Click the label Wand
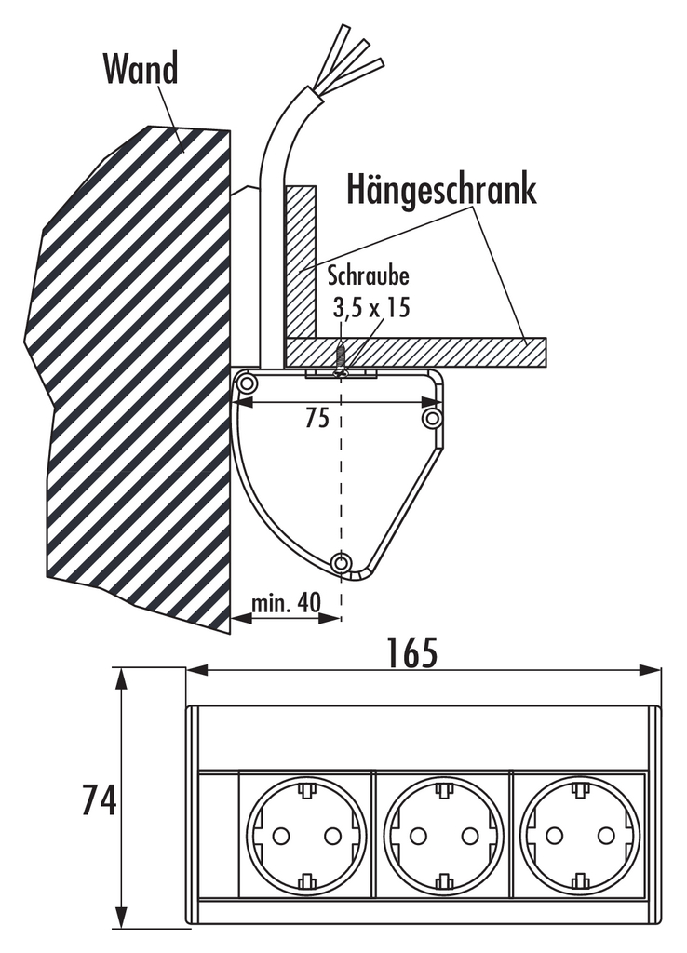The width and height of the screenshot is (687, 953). point(141,68)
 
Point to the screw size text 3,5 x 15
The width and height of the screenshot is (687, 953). point(370,307)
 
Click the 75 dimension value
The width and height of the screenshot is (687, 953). point(317,418)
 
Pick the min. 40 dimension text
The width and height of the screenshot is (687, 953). point(286,602)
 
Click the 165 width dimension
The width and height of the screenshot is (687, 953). point(412,652)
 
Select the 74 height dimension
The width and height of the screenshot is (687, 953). point(99,799)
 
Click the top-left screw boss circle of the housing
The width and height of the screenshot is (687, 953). point(247,383)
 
